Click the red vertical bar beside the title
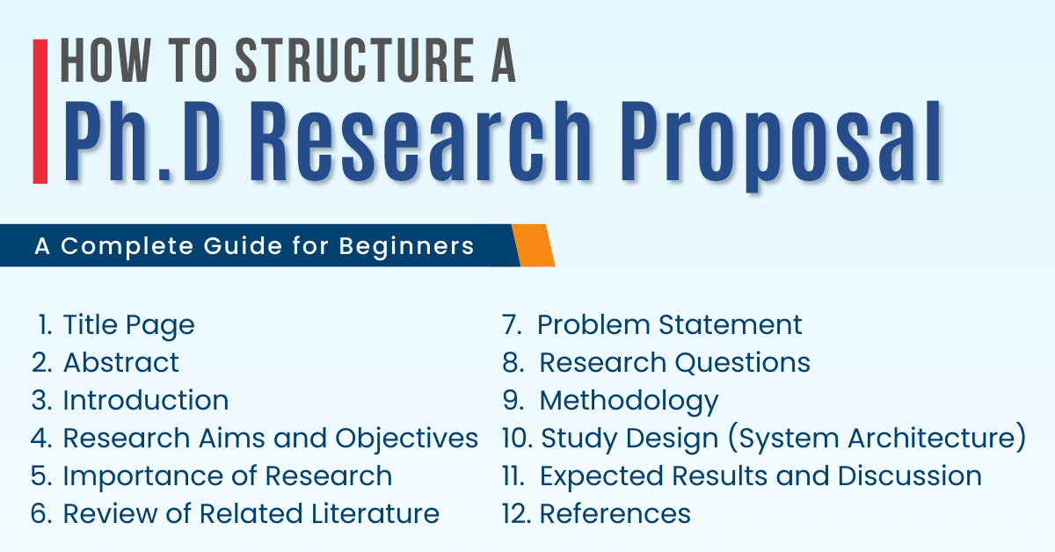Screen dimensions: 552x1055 tap(40, 111)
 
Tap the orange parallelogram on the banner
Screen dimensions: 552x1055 tap(534, 245)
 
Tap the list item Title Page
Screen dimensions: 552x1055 tap(128, 325)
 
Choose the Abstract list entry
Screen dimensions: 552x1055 tap(120, 362)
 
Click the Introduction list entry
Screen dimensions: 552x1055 tap(145, 400)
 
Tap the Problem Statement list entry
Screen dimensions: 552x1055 tap(669, 325)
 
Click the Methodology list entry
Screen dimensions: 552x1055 tap(629, 400)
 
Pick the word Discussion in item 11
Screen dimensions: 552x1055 tap(909, 476)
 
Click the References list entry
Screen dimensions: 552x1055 tap(615, 513)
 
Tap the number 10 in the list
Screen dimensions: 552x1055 tap(514, 438)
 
